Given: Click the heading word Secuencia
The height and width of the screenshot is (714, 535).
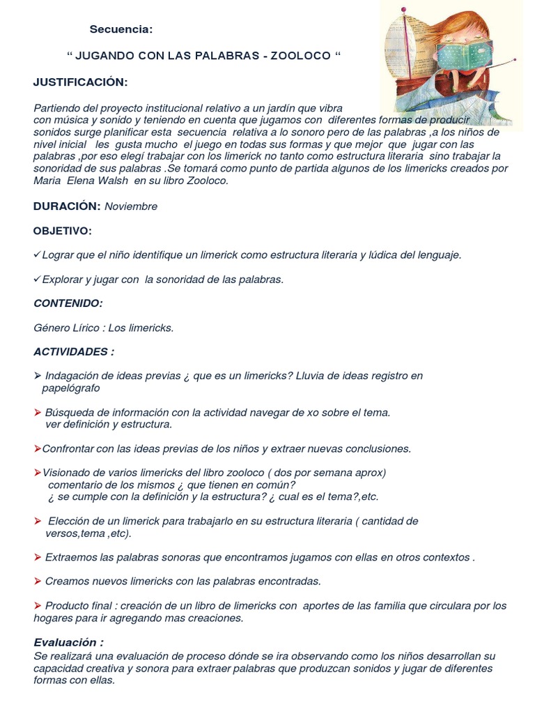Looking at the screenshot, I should coord(121,29).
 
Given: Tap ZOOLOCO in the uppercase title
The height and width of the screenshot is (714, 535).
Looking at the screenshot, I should coord(302,55).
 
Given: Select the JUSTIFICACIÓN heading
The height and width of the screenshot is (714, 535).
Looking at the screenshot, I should coord(81,82).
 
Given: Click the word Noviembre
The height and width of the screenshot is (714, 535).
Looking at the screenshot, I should coord(131,206).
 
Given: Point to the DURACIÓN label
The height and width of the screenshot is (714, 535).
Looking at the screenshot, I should coord(67,206).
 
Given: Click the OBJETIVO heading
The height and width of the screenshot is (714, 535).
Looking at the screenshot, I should coord(63,231).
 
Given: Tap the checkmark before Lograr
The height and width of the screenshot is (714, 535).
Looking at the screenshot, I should coord(37,255).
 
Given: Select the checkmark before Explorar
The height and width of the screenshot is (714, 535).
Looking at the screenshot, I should coord(37,279).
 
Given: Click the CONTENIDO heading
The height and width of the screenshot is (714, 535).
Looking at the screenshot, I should coord(68,303).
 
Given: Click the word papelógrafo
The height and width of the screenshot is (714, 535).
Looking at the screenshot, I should coord(71,388).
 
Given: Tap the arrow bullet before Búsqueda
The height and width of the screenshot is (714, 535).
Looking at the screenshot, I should coord(38,412).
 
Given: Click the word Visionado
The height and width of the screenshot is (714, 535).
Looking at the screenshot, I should coord(68,472).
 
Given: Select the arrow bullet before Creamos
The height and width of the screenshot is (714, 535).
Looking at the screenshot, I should coord(38,581).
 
